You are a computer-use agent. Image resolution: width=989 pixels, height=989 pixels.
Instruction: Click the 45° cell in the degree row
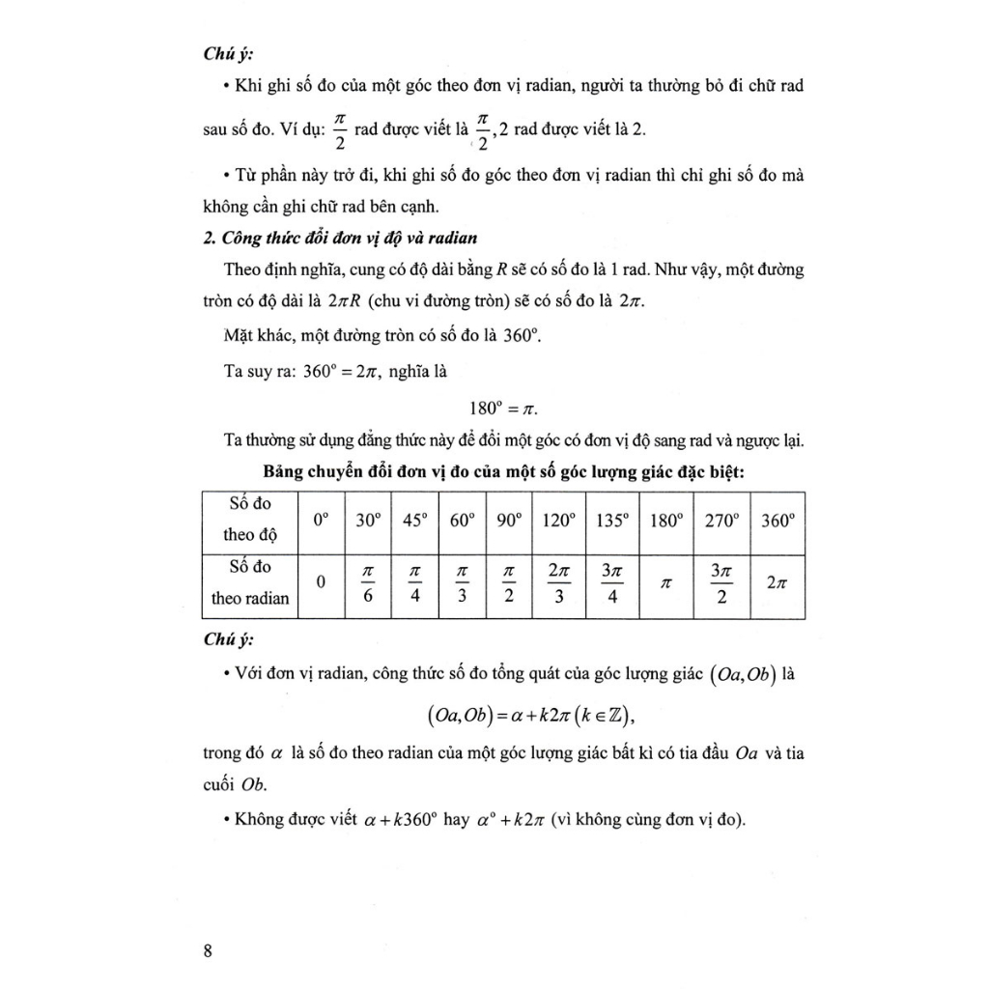[414, 521]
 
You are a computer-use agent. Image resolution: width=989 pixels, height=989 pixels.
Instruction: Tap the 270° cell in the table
[721, 521]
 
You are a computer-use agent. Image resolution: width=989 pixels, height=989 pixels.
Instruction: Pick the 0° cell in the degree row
[322, 521]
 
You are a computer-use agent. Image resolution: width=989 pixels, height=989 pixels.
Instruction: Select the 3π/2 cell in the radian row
[721, 585]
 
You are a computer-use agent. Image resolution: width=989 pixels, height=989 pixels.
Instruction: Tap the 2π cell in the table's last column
[777, 584]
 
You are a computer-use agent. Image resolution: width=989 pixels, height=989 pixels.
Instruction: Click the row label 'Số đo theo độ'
[250, 519]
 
